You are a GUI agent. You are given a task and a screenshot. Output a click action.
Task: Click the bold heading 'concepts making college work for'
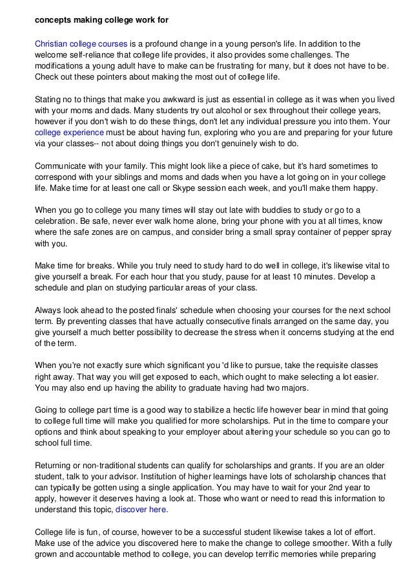pos(101,20)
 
